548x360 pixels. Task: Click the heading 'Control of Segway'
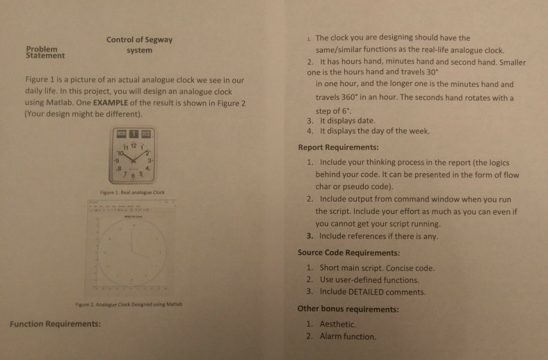139,40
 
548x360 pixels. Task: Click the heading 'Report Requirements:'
338,147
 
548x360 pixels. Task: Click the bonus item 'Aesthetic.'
337,324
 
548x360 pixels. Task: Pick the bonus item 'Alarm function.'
347,336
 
